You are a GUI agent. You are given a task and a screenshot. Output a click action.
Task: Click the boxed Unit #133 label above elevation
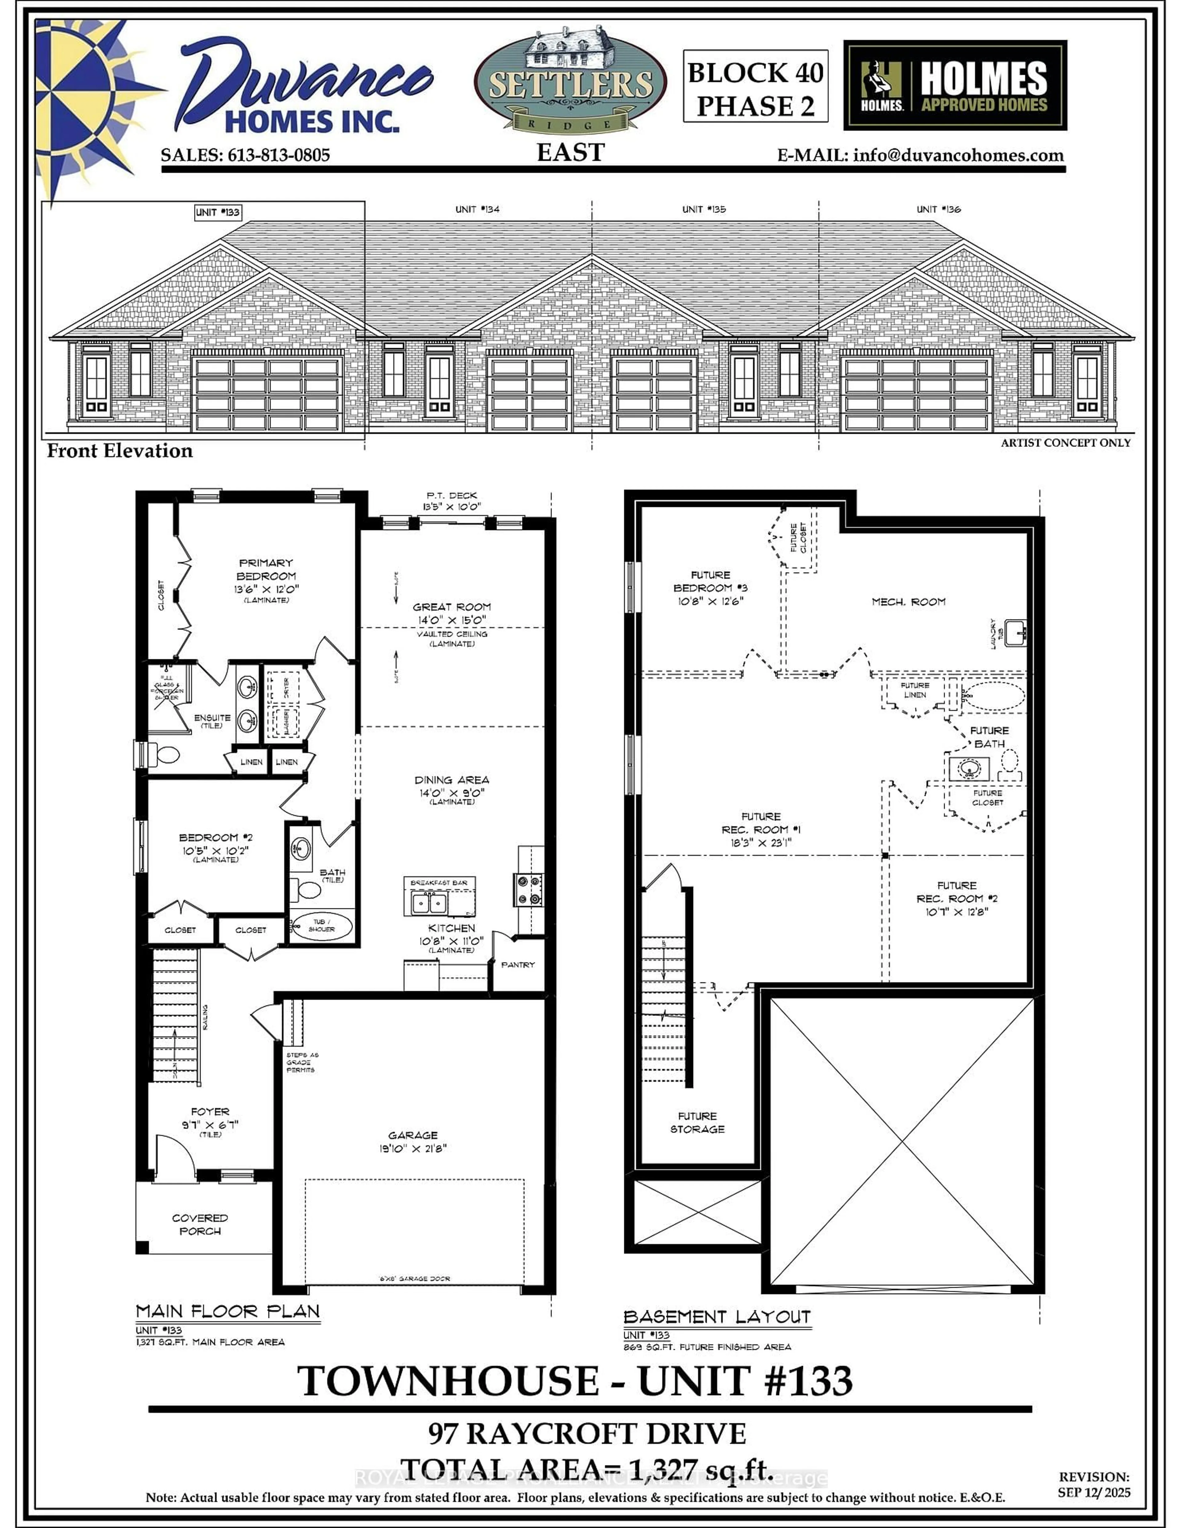click(218, 212)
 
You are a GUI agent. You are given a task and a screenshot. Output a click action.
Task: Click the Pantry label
click(518, 965)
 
